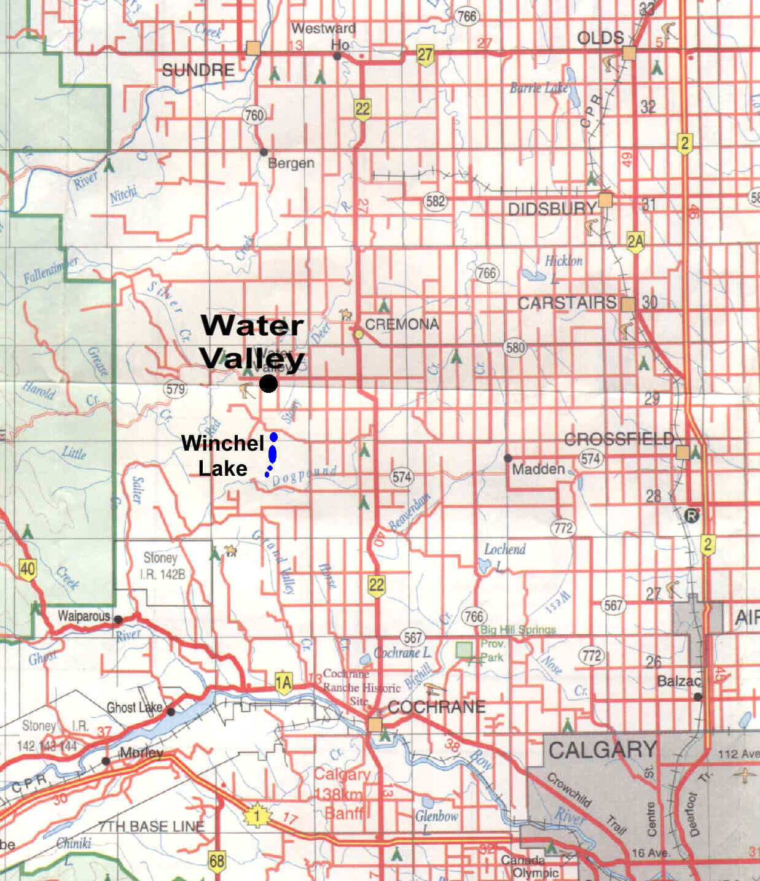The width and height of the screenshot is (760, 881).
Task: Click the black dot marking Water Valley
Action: pos(268,384)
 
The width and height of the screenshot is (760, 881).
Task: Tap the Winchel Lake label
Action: pos(222,456)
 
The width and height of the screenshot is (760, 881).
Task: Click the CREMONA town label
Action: pos(402,324)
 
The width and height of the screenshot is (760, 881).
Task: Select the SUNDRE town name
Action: pos(198,70)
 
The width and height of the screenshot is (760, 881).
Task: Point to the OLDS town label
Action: pos(600,38)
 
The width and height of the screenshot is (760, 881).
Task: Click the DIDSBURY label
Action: pos(552,209)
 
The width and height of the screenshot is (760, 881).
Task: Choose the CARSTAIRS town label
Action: pos(566,303)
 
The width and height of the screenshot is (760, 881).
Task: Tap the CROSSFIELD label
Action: pos(619,440)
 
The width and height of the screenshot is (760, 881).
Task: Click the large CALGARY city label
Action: pos(602,750)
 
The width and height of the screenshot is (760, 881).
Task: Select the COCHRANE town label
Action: pos(436,707)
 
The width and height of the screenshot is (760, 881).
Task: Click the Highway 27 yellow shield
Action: pos(425,55)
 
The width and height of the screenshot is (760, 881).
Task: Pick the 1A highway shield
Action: pos(283,683)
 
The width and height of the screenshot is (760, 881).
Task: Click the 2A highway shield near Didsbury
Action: pos(635,242)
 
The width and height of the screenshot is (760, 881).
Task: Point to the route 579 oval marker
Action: pos(175,388)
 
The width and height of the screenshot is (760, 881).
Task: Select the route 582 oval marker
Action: pos(435,201)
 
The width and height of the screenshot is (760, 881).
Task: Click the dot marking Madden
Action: pos(508,458)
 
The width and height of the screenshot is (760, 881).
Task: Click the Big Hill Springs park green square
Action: pos(465,650)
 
